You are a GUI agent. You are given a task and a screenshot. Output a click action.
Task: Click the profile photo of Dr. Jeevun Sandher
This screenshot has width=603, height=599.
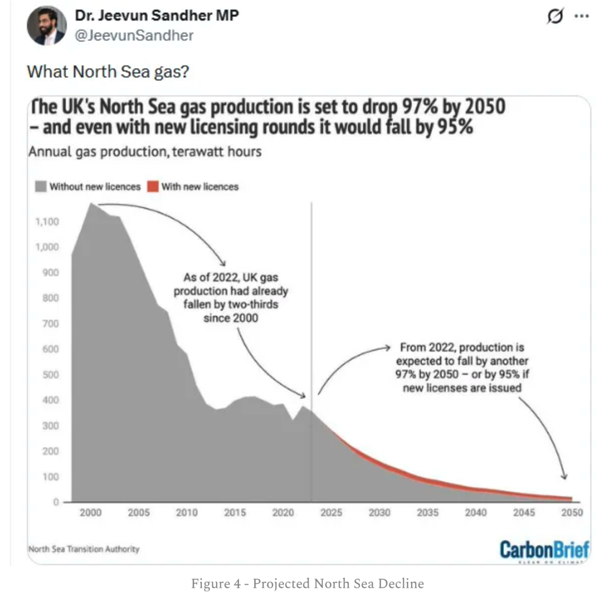[47, 27]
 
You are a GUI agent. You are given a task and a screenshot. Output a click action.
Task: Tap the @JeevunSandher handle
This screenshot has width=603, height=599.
[134, 35]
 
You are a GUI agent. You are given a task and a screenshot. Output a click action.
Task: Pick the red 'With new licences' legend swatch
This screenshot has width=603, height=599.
[153, 187]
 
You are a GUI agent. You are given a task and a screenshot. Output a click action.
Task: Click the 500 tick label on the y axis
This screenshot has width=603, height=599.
[51, 375]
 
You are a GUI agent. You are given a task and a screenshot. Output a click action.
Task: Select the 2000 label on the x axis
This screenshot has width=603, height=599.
[90, 513]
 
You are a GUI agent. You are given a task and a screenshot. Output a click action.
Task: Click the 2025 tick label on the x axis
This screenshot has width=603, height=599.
[331, 513]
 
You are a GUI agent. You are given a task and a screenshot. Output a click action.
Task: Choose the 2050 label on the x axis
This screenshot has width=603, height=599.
[571, 513]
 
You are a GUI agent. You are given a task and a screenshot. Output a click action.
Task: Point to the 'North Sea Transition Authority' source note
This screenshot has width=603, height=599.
[84, 549]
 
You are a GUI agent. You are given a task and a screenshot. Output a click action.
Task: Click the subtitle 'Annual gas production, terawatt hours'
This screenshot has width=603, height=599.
[144, 151]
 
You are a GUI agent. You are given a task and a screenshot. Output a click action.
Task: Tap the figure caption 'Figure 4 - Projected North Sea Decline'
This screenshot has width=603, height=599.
[307, 584]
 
